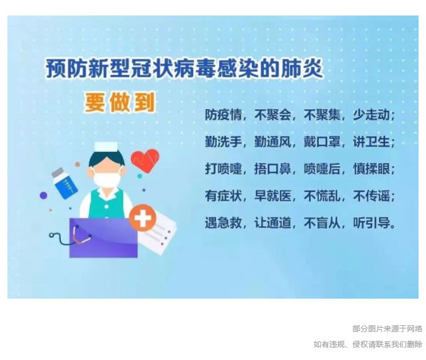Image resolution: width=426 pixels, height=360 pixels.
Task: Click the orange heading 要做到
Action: tap(120, 102)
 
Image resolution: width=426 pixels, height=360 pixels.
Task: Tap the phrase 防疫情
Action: tap(224, 115)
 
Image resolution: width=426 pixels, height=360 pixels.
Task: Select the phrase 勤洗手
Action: tap(224, 142)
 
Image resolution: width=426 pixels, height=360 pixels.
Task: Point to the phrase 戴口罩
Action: tap(322, 142)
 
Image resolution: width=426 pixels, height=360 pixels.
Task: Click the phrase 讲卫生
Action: tap(372, 142)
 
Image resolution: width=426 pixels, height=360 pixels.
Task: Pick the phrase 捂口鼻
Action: tap(273, 169)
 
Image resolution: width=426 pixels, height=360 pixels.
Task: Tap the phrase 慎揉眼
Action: tap(372, 169)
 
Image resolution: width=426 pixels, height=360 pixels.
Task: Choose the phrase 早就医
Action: tap(273, 196)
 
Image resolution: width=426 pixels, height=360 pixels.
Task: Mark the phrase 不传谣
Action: tap(372, 196)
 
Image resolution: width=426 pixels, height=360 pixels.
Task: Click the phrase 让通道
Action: tap(273, 222)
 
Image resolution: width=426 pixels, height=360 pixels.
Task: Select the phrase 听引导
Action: tap(372, 222)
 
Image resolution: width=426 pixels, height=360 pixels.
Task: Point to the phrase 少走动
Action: tap(372, 115)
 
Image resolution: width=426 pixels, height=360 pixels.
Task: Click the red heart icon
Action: tap(145, 160)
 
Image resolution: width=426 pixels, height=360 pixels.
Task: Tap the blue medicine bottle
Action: tap(64, 183)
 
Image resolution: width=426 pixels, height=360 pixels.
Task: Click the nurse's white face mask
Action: tap(106, 180)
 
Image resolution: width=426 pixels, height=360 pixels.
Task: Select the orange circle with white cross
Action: tap(142, 217)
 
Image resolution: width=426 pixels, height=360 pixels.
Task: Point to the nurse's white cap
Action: tap(106, 146)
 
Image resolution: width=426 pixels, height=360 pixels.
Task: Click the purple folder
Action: tap(103, 238)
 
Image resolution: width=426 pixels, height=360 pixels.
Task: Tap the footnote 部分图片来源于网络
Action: tap(388, 329)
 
